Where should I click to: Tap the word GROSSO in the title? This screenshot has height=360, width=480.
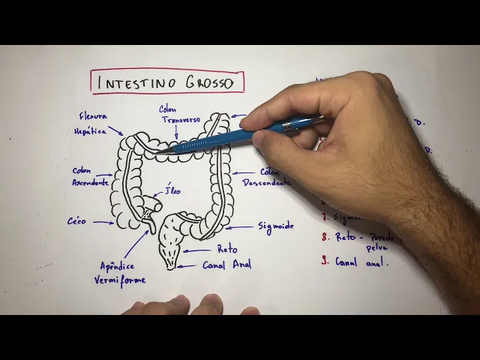click(x=206, y=82)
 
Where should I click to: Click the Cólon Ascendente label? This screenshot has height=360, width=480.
click(x=91, y=176)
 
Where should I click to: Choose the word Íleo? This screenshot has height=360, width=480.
click(x=172, y=190)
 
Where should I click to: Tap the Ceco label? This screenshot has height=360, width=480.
click(x=76, y=221)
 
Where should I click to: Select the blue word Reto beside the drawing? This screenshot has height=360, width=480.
click(x=226, y=249)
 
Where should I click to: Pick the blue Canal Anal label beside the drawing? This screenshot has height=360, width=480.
click(x=226, y=264)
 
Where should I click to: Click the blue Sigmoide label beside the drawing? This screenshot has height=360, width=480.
click(x=275, y=226)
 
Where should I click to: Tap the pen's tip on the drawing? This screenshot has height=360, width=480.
click(x=159, y=152)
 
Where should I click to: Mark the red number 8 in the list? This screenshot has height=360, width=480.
click(x=325, y=236)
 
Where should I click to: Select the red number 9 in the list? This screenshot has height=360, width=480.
click(x=325, y=261)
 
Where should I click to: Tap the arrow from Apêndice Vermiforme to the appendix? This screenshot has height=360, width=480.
click(x=136, y=244)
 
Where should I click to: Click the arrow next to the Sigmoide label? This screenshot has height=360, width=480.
click(x=240, y=226)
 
